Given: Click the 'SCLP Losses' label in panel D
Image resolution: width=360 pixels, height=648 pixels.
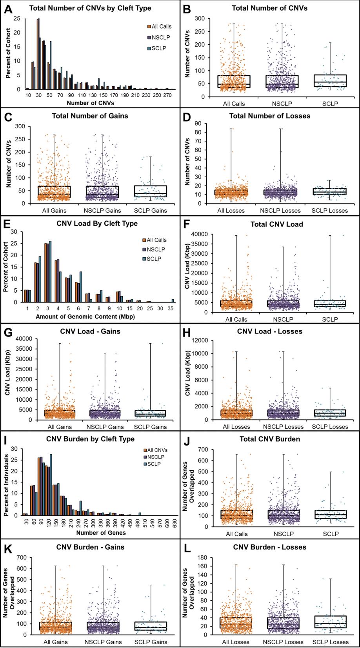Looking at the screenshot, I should (x=329, y=211).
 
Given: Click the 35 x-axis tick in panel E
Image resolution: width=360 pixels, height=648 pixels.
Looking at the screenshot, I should (x=173, y=308).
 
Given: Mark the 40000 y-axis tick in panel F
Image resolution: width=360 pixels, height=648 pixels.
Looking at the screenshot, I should (x=202, y=234).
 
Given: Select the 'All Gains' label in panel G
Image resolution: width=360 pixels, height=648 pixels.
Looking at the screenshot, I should (x=60, y=427).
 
